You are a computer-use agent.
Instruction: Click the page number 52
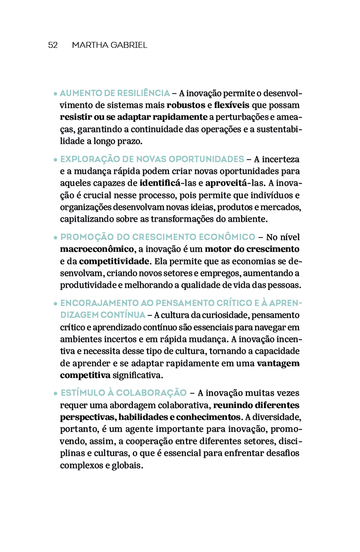tap(53, 45)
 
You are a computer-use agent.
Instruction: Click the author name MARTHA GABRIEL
tap(109, 45)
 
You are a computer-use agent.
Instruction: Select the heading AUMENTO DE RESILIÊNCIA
tap(115, 93)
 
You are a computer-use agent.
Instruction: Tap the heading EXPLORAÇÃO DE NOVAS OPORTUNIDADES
tap(152, 159)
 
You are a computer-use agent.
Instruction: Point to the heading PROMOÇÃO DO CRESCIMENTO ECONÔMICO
tap(158, 237)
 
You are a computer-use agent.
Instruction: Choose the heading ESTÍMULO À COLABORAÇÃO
tap(123, 393)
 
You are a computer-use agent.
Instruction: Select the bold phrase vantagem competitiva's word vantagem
tap(278, 364)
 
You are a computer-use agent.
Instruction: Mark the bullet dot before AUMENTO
tap(55, 94)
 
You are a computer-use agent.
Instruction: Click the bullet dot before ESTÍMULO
tap(55, 393)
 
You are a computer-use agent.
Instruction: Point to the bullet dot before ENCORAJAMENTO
tap(55, 304)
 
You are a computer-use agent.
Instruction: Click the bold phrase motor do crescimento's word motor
tap(217, 249)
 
